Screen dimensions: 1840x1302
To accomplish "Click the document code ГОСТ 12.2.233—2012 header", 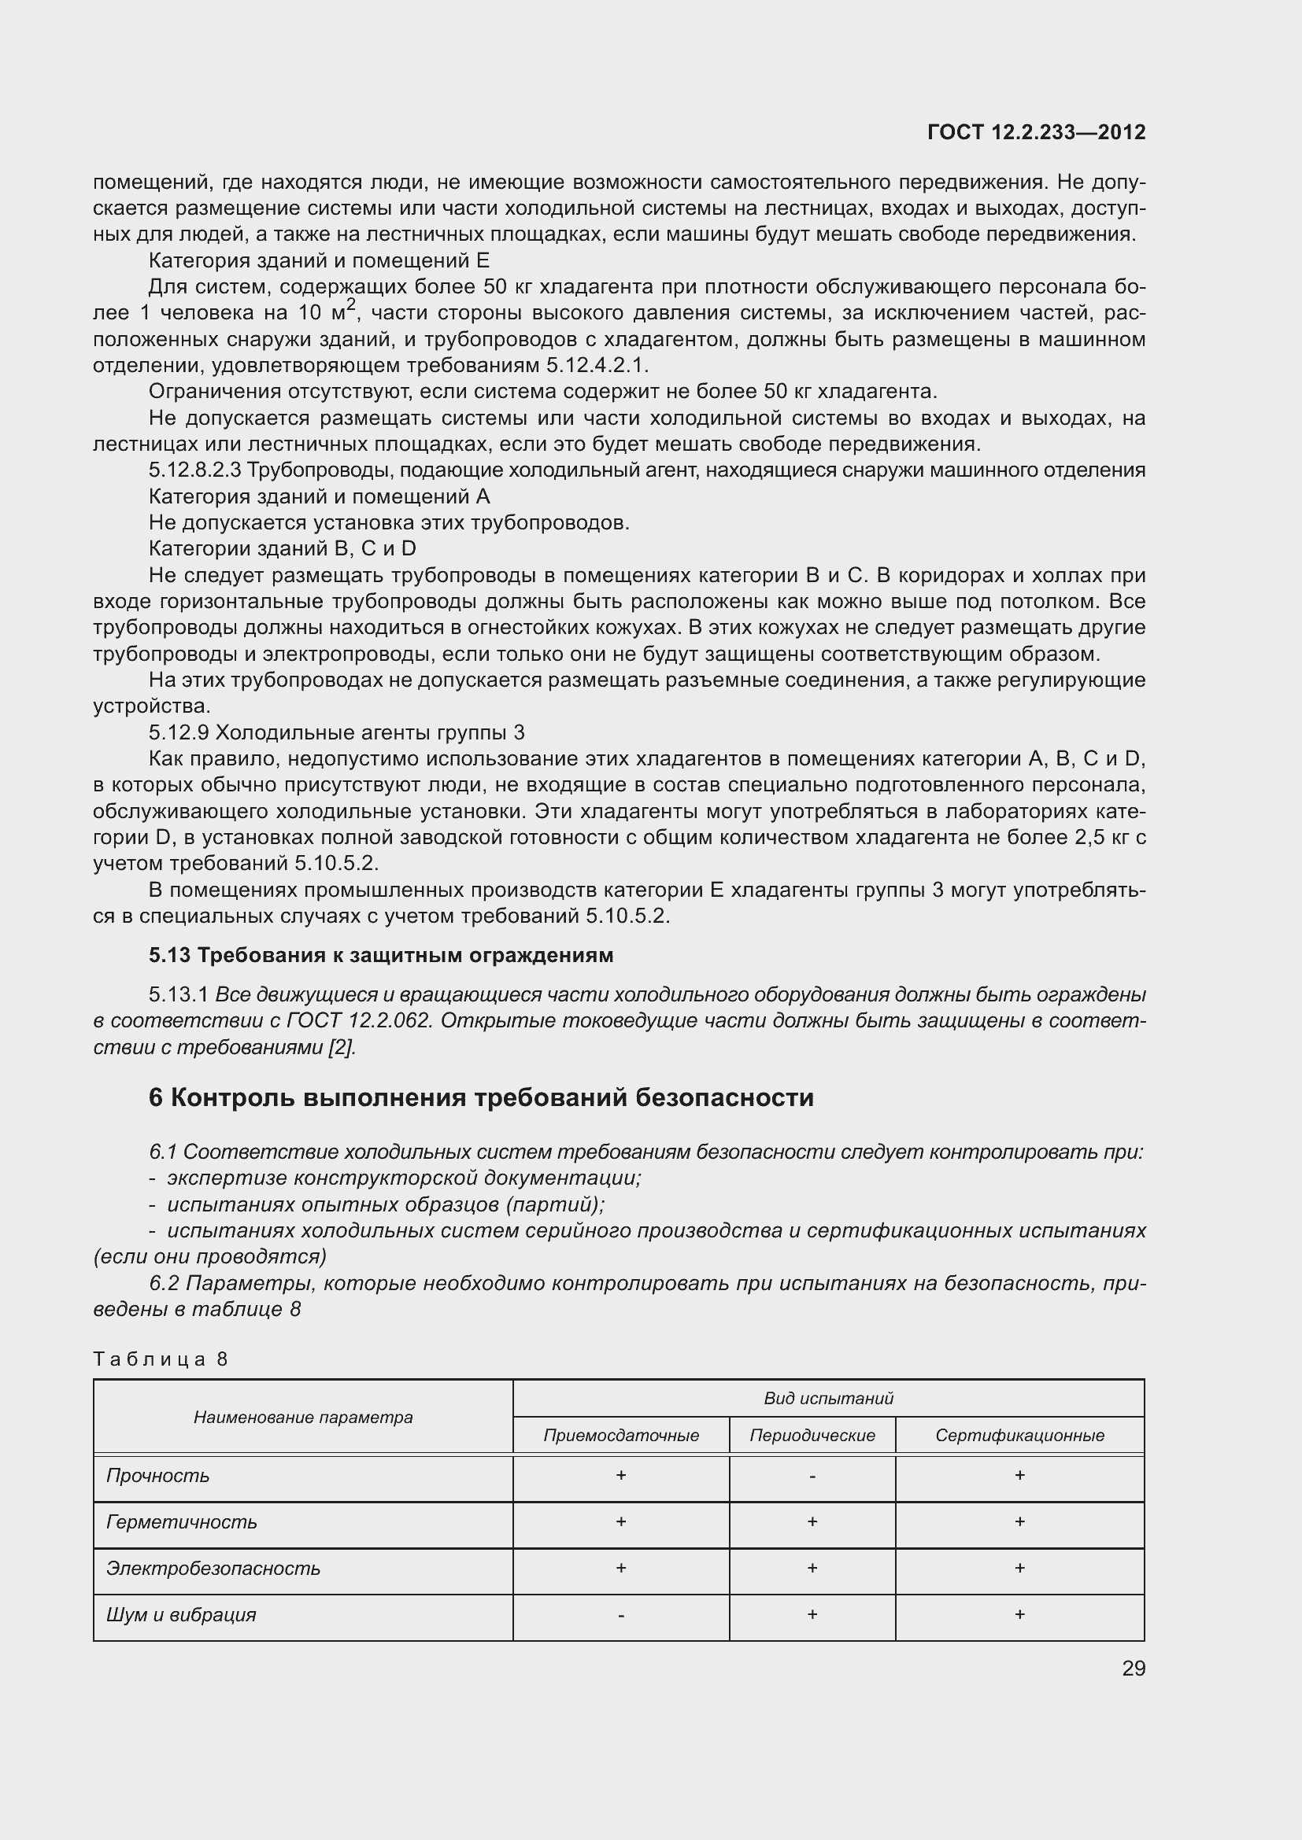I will [1036, 132].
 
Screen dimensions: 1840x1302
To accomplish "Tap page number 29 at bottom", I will [1134, 1669].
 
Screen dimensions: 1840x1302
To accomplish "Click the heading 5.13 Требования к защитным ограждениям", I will [381, 955].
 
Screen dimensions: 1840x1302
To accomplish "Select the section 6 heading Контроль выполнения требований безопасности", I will [481, 1097].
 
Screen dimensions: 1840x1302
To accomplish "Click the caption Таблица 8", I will [161, 1359].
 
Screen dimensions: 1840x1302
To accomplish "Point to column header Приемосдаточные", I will [620, 1436].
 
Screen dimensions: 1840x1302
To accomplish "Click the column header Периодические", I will [812, 1436].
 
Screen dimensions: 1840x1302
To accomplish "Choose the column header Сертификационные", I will [1019, 1436].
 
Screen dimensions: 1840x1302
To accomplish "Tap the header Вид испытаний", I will [828, 1399].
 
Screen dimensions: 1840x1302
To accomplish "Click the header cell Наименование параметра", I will [303, 1417].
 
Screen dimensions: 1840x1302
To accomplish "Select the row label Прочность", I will [158, 1476].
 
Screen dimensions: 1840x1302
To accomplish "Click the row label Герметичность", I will [182, 1523].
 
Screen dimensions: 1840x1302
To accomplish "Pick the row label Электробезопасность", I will [213, 1569].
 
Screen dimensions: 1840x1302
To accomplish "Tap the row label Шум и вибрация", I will [181, 1615].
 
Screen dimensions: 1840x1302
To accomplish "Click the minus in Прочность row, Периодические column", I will [812, 1476].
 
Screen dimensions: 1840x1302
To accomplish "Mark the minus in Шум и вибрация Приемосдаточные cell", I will [620, 1615].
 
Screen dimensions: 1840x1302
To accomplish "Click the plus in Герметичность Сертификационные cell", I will [1019, 1522].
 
